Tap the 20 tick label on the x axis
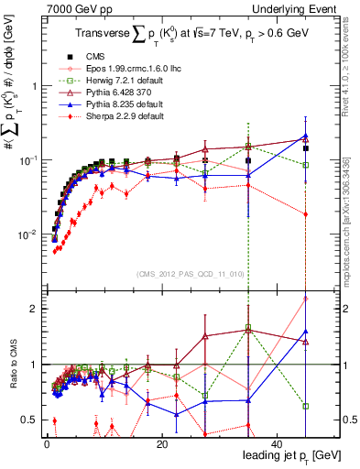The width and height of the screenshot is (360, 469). click(x=161, y=443)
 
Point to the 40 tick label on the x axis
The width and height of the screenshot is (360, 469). click(x=277, y=443)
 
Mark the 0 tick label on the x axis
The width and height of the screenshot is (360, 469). click(x=47, y=443)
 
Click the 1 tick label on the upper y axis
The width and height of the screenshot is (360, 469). click(x=34, y=85)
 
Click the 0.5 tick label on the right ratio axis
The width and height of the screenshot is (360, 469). click(x=351, y=420)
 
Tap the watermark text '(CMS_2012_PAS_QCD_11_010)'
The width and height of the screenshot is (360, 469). click(x=191, y=274)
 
